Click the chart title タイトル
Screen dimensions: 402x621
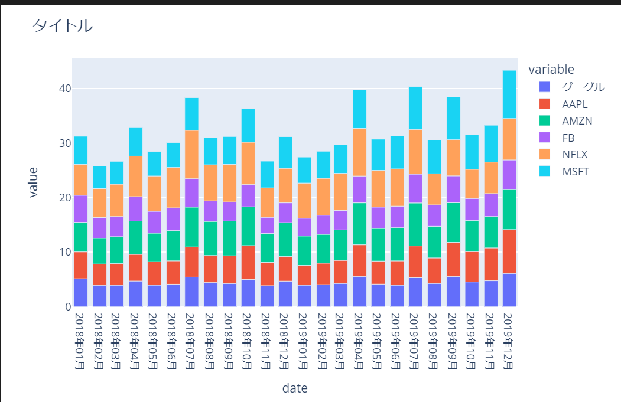62,25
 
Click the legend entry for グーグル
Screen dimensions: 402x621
583,87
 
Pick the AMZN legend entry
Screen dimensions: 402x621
576,120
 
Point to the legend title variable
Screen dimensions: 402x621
551,69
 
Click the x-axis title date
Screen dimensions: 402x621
294,388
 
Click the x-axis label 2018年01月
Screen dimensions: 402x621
80,341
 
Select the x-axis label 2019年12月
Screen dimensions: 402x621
509,341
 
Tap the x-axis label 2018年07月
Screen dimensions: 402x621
192,341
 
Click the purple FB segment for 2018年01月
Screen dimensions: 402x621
80,208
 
